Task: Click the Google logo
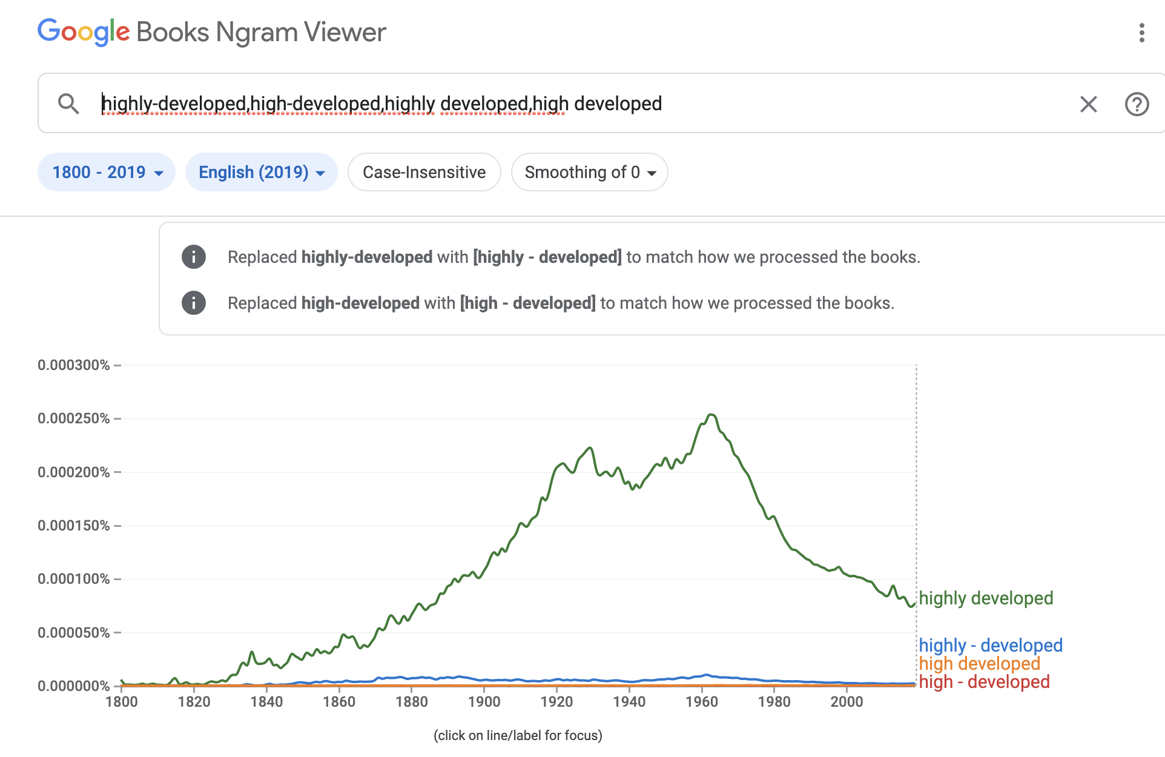point(84,31)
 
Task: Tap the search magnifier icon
point(68,104)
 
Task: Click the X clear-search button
point(1088,104)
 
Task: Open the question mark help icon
point(1137,104)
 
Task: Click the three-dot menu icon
point(1141,33)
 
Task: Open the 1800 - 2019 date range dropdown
point(107,172)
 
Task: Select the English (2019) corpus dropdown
point(261,172)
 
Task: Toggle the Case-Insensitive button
point(424,172)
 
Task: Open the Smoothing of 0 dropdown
point(589,172)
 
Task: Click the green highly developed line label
point(986,598)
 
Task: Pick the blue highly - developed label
point(990,645)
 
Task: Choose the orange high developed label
point(979,663)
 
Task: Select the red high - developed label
point(984,681)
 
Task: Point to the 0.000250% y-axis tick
point(74,418)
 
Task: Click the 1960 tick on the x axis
point(702,701)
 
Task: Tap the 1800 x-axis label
point(122,701)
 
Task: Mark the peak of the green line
point(711,415)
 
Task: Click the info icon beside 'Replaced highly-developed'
point(194,257)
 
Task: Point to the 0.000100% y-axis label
point(74,579)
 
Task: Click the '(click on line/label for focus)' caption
point(518,735)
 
